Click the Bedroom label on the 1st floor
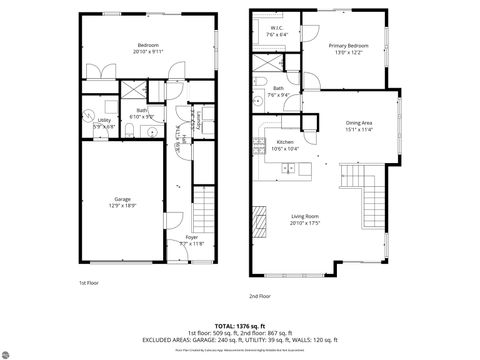[148, 45]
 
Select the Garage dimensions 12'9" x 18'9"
[122, 205]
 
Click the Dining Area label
[359, 122]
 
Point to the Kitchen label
[285, 142]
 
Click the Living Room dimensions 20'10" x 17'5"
[305, 223]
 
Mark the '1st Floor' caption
[89, 283]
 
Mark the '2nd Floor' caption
[261, 296]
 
